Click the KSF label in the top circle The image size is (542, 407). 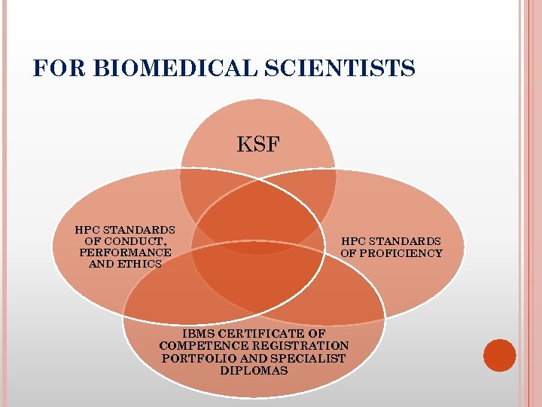pyautogui.click(x=258, y=145)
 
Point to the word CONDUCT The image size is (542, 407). pyautogui.click(x=134, y=241)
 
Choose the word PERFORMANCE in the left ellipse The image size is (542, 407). pyautogui.click(x=125, y=252)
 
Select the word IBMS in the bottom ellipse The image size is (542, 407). pyautogui.click(x=199, y=333)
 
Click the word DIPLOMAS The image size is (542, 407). pyautogui.click(x=254, y=371)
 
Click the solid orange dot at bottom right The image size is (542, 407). pyautogui.click(x=499, y=356)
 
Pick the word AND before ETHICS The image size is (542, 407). pyautogui.click(x=102, y=264)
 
